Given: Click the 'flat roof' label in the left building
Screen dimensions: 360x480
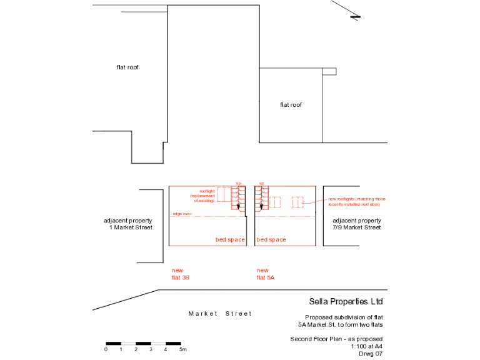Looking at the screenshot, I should pos(127,67).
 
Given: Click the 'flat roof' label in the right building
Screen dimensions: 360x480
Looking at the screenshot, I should pos(291,105).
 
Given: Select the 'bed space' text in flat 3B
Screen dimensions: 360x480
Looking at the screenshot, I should pos(230,240).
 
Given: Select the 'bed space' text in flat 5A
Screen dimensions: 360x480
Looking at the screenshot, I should pos(271,240).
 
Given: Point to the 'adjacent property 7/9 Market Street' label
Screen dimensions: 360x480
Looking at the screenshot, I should pos(356,224).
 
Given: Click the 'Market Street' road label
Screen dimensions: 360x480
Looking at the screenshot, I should pos(220,314).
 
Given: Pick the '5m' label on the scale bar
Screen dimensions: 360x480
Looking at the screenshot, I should pos(183,349).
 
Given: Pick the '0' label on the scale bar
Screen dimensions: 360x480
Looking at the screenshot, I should pos(106,349).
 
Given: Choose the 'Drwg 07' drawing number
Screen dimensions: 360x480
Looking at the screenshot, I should pos(370,354).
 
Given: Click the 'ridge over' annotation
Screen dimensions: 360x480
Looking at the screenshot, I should pos(182,214).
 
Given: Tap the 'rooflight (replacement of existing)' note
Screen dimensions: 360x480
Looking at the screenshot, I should pos(207,195).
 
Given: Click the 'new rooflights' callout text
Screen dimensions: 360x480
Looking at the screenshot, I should pos(356,201).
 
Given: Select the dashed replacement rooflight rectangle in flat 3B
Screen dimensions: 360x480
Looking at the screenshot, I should pos(224,193).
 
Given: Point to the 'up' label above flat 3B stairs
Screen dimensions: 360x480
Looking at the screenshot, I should pos(238,183).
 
